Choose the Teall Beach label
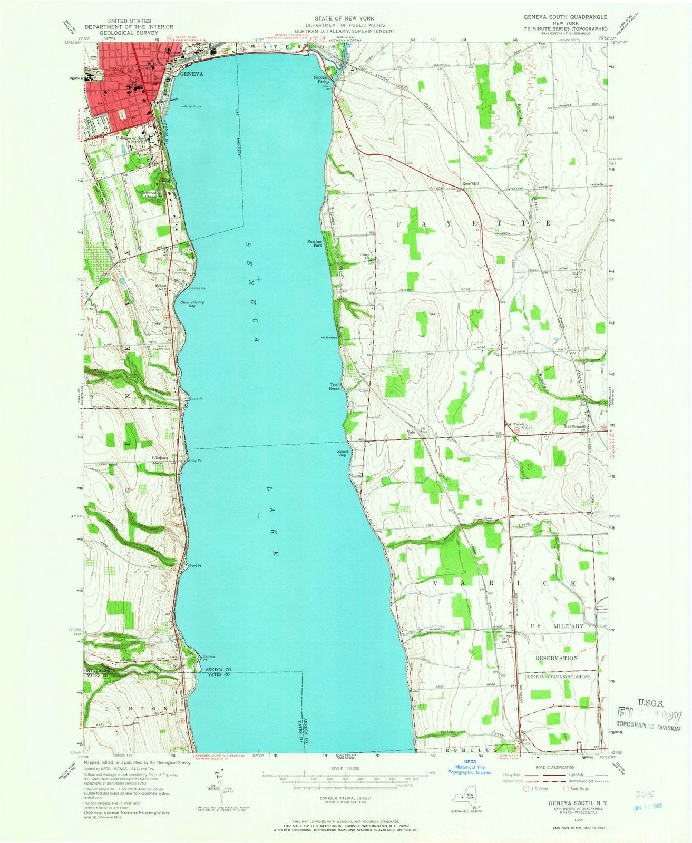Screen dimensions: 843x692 pyautogui.click(x=334, y=386)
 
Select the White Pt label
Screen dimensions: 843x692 pyautogui.click(x=194, y=460)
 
